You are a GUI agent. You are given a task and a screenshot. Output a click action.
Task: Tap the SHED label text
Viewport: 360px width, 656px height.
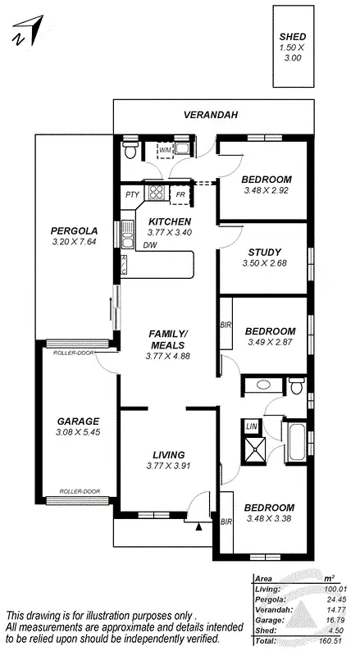293,38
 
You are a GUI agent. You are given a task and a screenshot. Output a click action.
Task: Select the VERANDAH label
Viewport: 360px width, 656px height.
211,116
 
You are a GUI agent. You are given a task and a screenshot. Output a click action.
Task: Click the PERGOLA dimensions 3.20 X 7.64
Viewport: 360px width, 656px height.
73,242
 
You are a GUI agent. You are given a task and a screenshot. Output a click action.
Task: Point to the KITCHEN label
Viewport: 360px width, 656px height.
170,222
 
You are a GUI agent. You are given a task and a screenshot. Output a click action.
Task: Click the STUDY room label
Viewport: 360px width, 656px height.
264,252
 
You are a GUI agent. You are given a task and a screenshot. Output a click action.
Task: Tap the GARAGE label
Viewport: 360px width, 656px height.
77,420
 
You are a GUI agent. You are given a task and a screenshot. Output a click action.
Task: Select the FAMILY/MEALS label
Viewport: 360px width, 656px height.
168,339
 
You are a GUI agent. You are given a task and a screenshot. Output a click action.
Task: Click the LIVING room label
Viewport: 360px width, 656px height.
168,455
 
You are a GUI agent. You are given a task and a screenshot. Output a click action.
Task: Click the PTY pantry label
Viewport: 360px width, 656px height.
132,194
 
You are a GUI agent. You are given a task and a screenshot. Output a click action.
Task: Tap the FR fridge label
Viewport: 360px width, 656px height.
180,194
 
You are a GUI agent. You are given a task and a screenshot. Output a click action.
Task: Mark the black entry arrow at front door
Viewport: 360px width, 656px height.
198,528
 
